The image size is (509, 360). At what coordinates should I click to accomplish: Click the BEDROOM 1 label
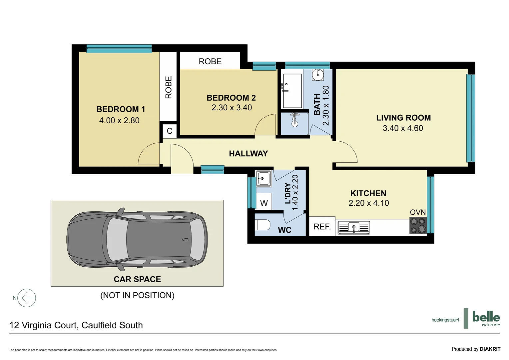[x=121, y=109]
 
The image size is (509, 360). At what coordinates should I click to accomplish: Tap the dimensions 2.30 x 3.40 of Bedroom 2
[x=232, y=108]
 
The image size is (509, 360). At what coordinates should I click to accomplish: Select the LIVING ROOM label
[x=403, y=118]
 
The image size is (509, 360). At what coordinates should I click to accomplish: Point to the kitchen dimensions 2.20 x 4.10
[x=369, y=203]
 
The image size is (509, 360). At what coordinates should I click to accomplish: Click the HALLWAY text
[x=249, y=154]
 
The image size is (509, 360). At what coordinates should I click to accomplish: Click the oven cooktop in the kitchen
[x=418, y=226]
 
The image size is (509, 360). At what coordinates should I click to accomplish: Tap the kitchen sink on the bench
[x=354, y=228]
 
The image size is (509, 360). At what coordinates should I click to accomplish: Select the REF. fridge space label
[x=322, y=227]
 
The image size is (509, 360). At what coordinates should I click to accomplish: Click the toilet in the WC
[x=262, y=225]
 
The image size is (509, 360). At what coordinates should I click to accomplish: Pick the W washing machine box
[x=264, y=203]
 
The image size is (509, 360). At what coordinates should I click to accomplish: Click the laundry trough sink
[x=263, y=179]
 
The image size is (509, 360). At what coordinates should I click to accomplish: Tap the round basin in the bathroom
[x=318, y=74]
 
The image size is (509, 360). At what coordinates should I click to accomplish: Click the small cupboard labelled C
[x=170, y=131]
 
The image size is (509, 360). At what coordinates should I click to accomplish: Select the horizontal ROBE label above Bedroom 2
[x=210, y=61]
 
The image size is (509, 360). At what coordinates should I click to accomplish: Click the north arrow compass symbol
[x=26, y=298]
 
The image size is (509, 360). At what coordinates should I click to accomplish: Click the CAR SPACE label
[x=137, y=279]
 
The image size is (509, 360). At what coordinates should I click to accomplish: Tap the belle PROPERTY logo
[x=486, y=318]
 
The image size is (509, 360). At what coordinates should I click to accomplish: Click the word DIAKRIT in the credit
[x=490, y=349]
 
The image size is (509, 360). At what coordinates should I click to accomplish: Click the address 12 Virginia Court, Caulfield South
[x=76, y=325]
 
